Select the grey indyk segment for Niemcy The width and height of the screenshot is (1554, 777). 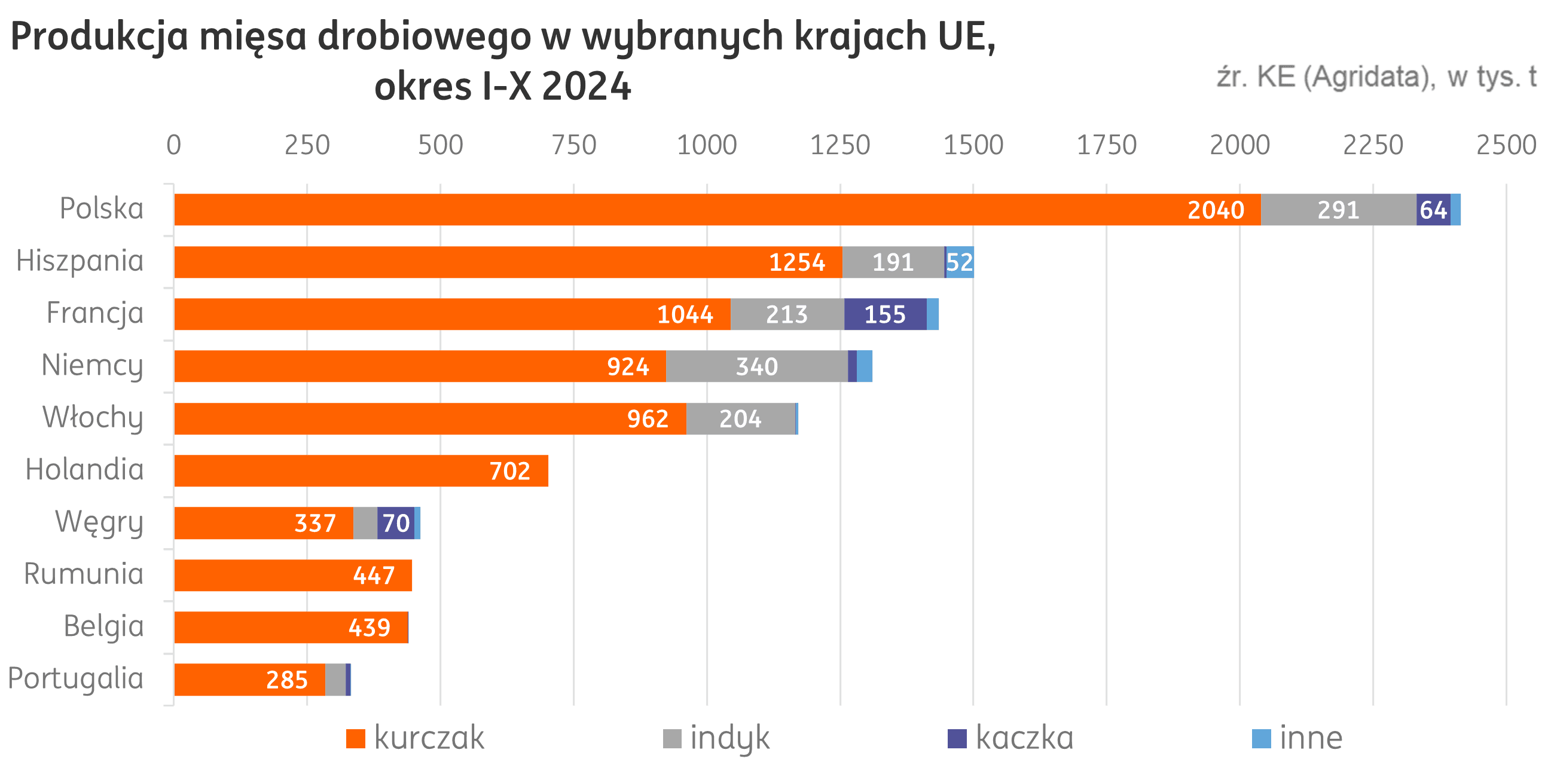click(756, 366)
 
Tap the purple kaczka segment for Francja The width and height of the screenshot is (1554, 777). click(885, 314)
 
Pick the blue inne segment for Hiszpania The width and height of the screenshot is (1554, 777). click(960, 262)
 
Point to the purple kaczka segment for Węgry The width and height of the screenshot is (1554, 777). click(396, 523)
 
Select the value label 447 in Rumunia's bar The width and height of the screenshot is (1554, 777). click(374, 576)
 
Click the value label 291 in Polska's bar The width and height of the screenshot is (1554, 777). click(1338, 210)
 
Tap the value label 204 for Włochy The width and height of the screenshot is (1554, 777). click(740, 418)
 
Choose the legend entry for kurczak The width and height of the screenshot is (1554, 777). click(416, 738)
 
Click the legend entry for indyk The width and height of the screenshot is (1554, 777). click(718, 738)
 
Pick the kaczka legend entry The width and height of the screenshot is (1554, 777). click(1012, 738)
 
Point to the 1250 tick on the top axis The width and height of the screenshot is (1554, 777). click(839, 145)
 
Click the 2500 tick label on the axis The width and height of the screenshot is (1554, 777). click(1506, 145)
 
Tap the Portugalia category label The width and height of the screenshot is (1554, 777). click(76, 678)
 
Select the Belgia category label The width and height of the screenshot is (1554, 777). click(104, 626)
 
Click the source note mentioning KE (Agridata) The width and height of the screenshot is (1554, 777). click(1375, 77)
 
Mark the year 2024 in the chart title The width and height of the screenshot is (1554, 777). click(587, 86)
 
